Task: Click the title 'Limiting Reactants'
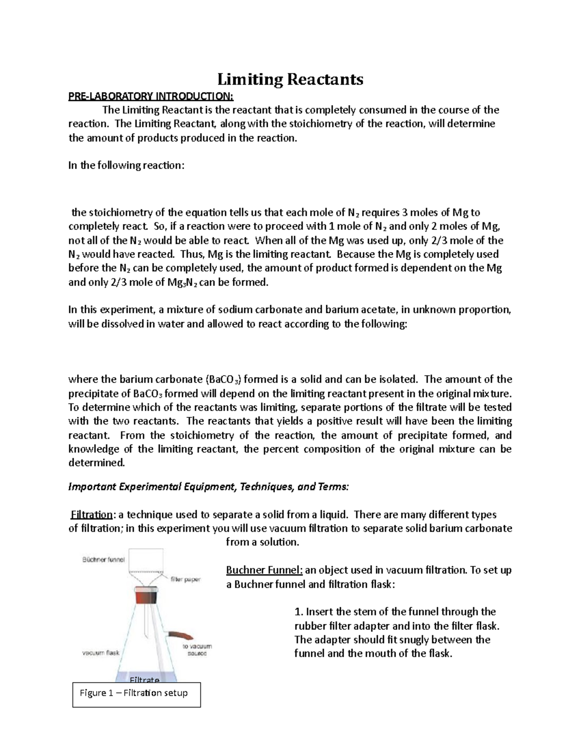290,79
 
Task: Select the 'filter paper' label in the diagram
185,579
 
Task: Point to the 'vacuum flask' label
100,652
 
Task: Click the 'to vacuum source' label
197,650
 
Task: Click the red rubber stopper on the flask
146,596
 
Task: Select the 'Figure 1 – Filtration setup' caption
134,693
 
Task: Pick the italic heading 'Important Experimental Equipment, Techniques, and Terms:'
208,487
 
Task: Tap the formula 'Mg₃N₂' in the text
182,282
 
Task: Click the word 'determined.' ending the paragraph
96,462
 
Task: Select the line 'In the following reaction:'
126,165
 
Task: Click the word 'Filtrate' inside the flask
145,680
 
